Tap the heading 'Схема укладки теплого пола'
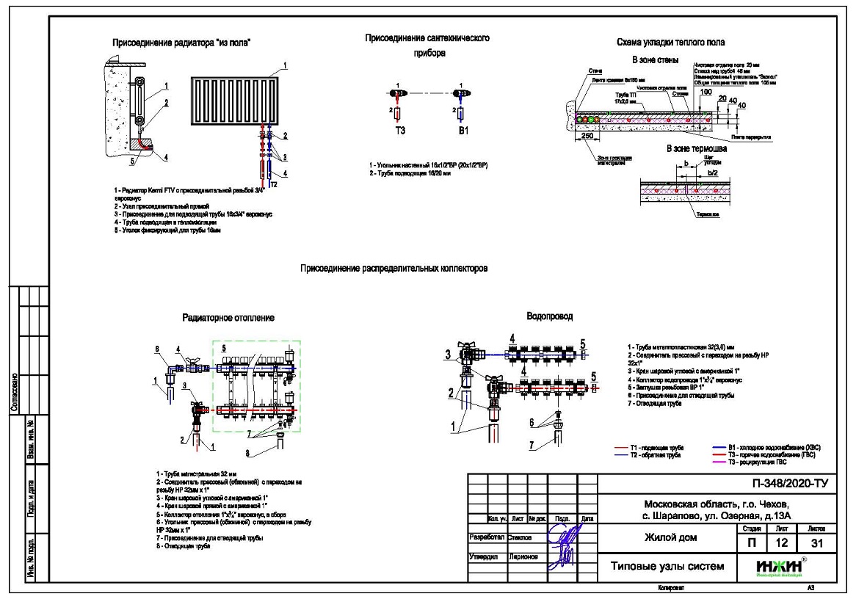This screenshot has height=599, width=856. (x=668, y=43)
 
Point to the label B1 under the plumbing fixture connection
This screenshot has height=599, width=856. (x=460, y=131)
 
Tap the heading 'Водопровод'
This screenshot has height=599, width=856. (x=550, y=316)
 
